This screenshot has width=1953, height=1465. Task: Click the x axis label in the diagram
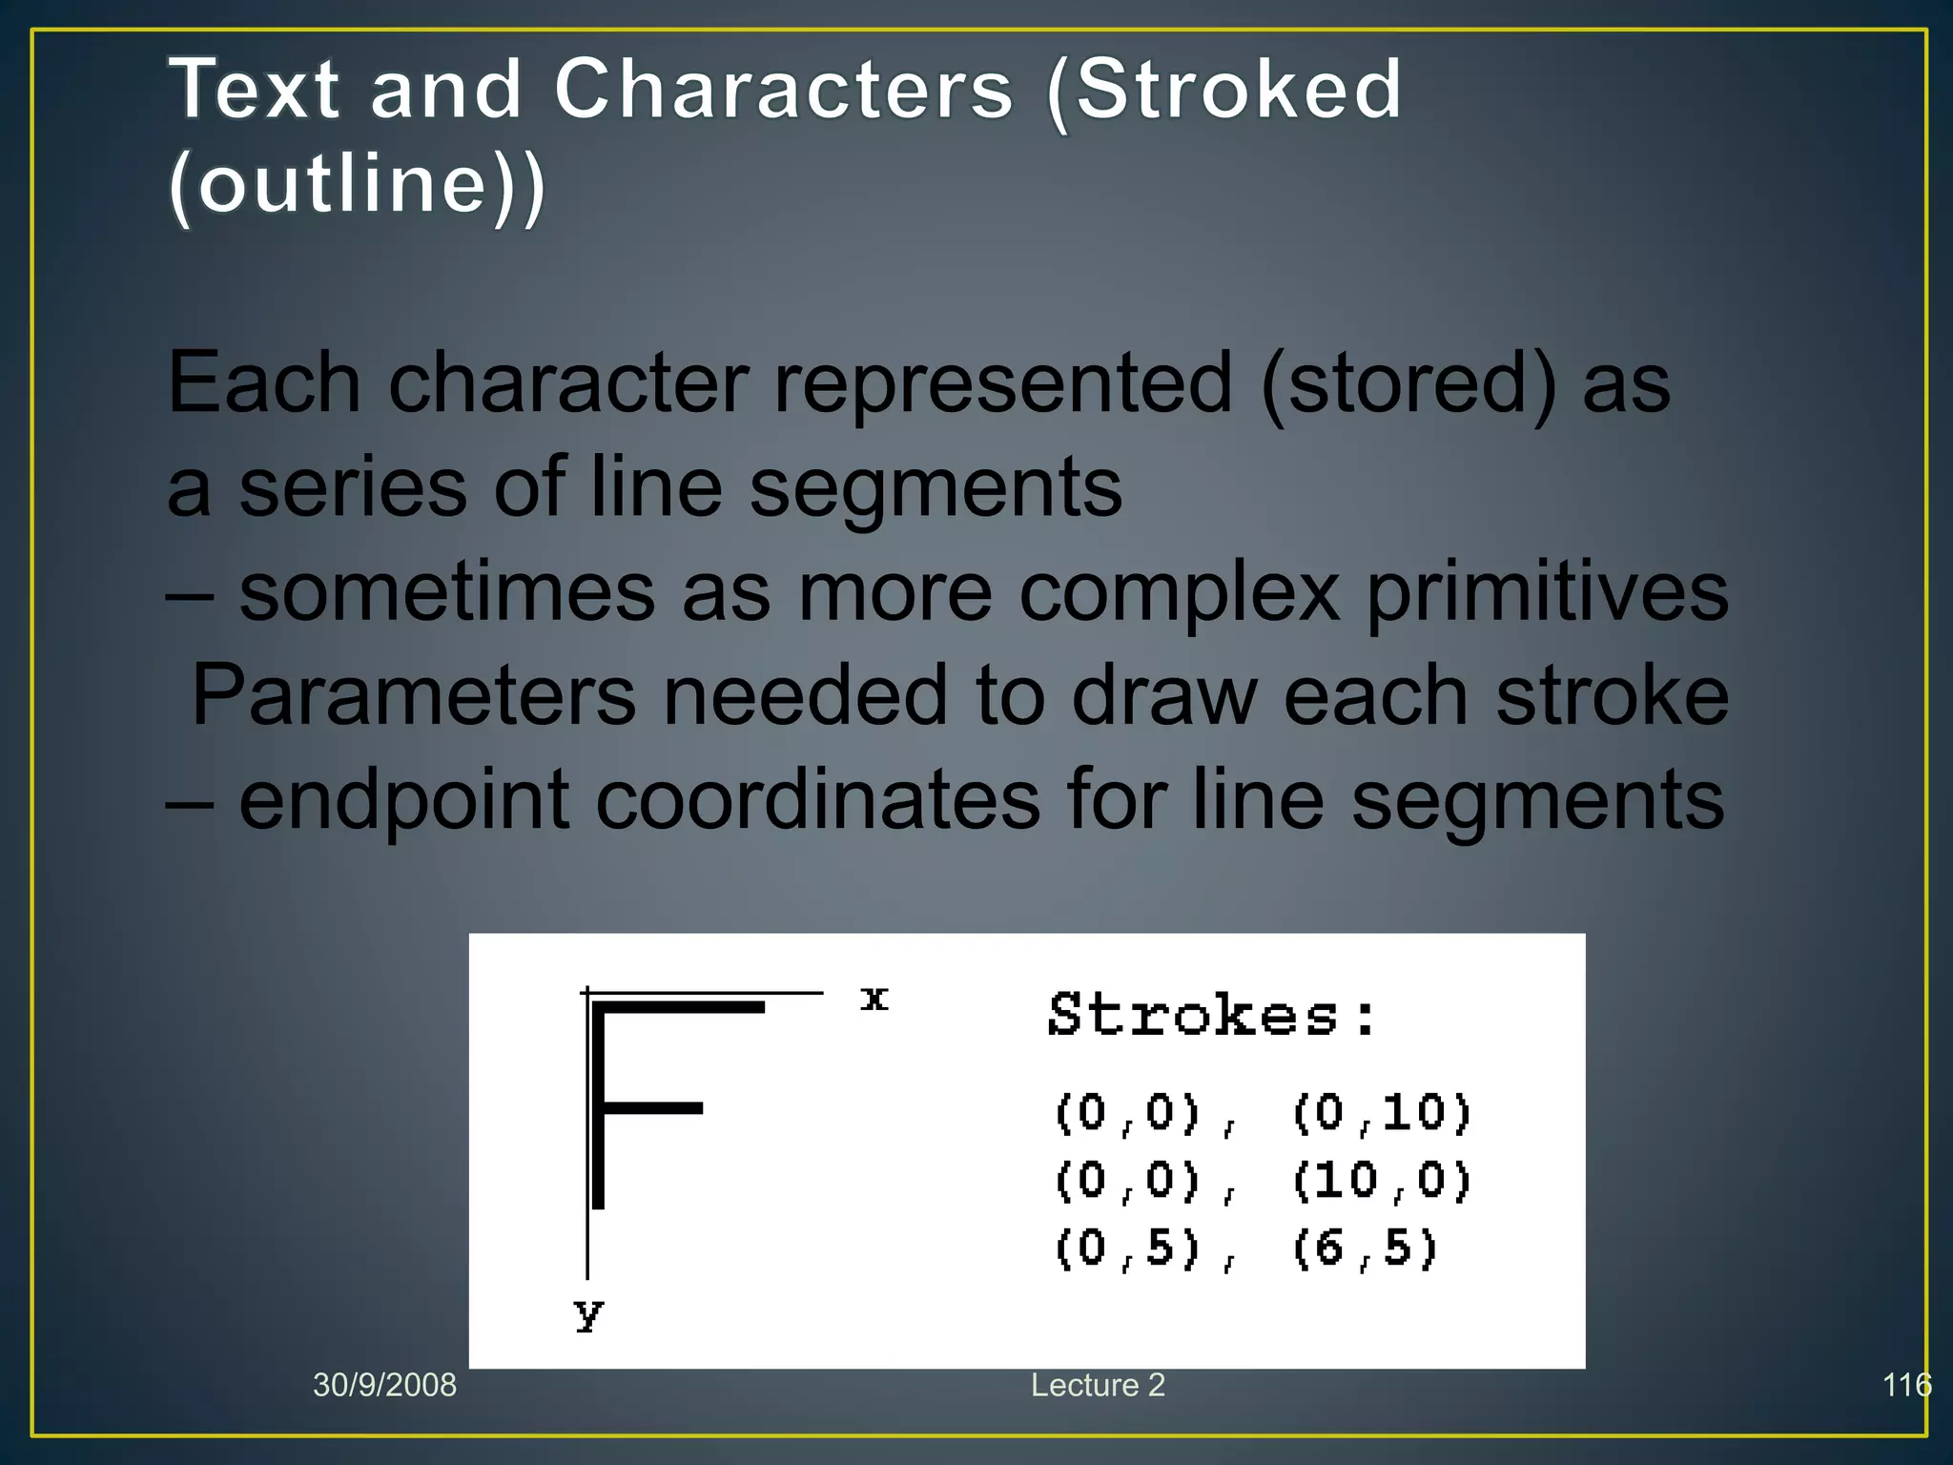(x=874, y=999)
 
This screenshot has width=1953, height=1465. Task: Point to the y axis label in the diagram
(x=589, y=1314)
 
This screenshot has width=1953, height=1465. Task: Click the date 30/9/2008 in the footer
(x=384, y=1385)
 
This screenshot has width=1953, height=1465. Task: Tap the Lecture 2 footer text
(x=1098, y=1385)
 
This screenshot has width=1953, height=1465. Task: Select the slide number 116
(x=1906, y=1385)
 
